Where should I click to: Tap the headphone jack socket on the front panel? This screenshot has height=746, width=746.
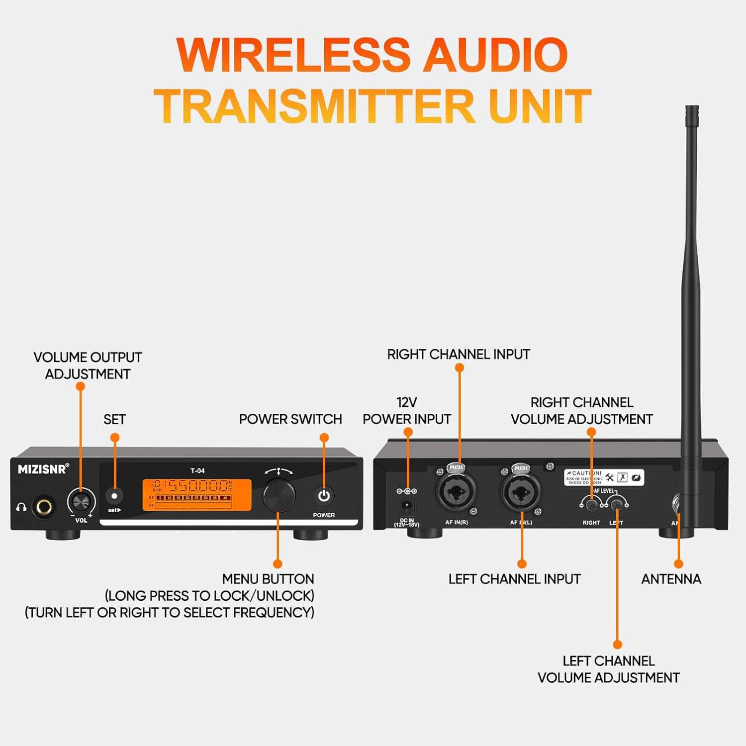tap(44, 507)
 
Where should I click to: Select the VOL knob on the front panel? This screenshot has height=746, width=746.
tap(81, 500)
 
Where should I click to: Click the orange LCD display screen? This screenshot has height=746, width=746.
tap(196, 495)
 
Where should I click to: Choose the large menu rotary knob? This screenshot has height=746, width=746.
tap(279, 495)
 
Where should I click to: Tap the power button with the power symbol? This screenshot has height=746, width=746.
tap(324, 496)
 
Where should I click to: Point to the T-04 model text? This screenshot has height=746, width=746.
tap(197, 470)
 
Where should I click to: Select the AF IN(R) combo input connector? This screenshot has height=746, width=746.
tap(456, 492)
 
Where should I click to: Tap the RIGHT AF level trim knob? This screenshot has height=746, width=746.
tap(591, 505)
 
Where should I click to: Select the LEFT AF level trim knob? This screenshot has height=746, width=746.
tap(617, 505)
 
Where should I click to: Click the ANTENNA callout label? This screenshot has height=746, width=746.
tap(671, 579)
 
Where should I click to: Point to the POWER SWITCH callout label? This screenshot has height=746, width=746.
tap(290, 419)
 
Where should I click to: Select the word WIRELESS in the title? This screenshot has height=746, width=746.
tap(293, 55)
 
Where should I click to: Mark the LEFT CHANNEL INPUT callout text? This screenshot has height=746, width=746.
tap(514, 579)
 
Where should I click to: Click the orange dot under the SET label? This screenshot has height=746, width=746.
tap(115, 438)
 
